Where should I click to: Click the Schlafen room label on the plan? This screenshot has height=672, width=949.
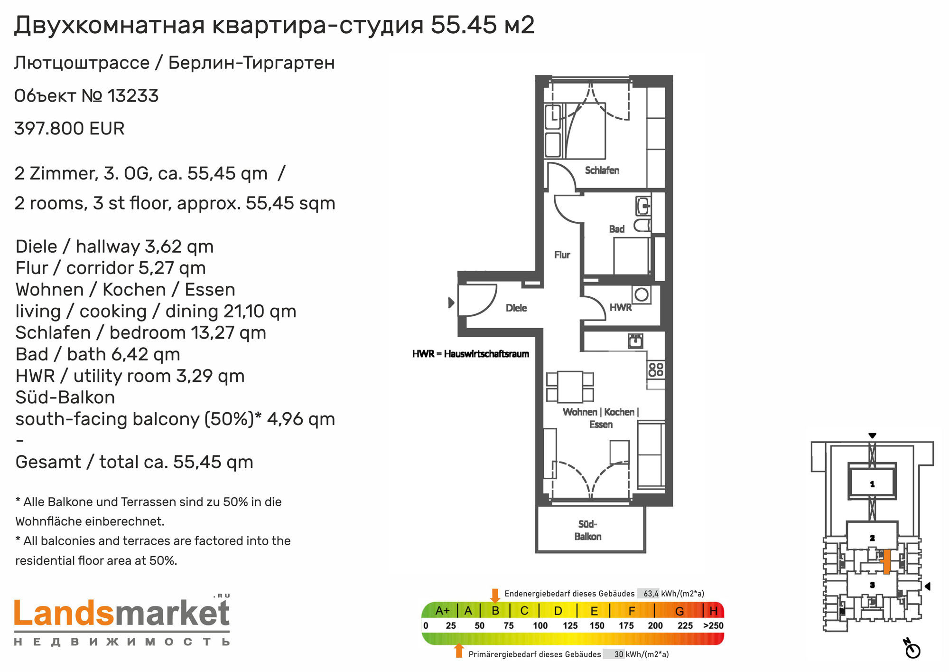tap(602, 170)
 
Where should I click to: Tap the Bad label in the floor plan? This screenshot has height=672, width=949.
tap(616, 229)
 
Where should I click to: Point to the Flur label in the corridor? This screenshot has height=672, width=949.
tap(562, 255)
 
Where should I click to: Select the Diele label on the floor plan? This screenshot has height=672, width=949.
tap(516, 308)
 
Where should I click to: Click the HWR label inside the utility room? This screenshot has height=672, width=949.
tap(621, 307)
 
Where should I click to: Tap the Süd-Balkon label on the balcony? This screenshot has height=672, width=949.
tap(587, 530)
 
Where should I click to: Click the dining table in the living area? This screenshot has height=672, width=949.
tap(570, 387)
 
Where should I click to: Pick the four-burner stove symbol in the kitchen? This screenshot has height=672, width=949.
tap(656, 369)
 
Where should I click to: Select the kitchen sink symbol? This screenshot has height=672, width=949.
tap(635, 341)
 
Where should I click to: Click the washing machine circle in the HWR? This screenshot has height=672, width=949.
tap(641, 294)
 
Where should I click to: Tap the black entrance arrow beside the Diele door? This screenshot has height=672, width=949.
tap(451, 303)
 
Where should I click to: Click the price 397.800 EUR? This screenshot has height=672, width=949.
tap(69, 128)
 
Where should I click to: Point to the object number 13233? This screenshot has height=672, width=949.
tap(133, 95)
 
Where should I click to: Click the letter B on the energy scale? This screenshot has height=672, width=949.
tap(495, 610)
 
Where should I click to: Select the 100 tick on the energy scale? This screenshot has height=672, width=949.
tap(540, 625)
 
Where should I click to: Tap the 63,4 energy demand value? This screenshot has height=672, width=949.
tap(651, 594)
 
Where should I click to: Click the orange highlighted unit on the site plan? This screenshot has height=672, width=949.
tap(886, 562)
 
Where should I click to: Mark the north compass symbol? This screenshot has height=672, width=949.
tap(912, 649)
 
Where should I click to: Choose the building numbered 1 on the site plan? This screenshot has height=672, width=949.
tap(872, 482)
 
